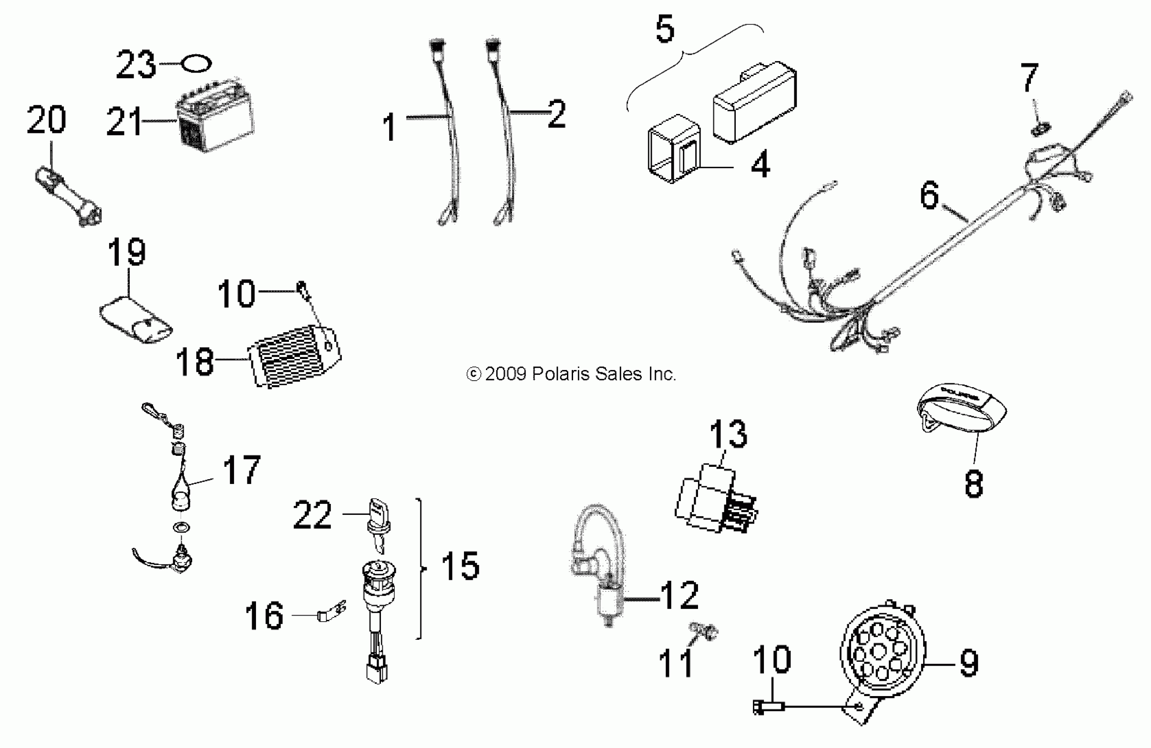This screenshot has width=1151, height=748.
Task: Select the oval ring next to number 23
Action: tap(196, 63)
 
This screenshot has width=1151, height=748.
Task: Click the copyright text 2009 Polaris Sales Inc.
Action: tap(571, 374)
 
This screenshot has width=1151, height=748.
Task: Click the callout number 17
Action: tap(241, 469)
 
